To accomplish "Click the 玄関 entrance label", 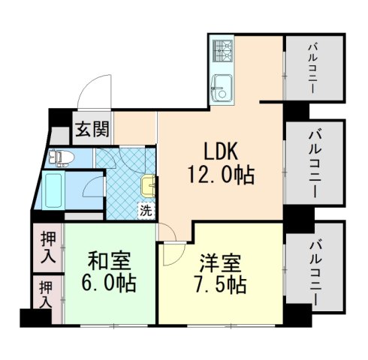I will pyautogui.click(x=90, y=130).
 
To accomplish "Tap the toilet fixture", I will pyautogui.click(x=60, y=157).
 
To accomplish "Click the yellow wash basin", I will pyautogui.click(x=149, y=183).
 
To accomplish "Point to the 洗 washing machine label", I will pyautogui.click(x=146, y=210).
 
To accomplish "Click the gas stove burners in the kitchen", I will pyautogui.click(x=223, y=52).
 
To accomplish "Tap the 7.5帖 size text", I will pyautogui.click(x=219, y=286).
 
